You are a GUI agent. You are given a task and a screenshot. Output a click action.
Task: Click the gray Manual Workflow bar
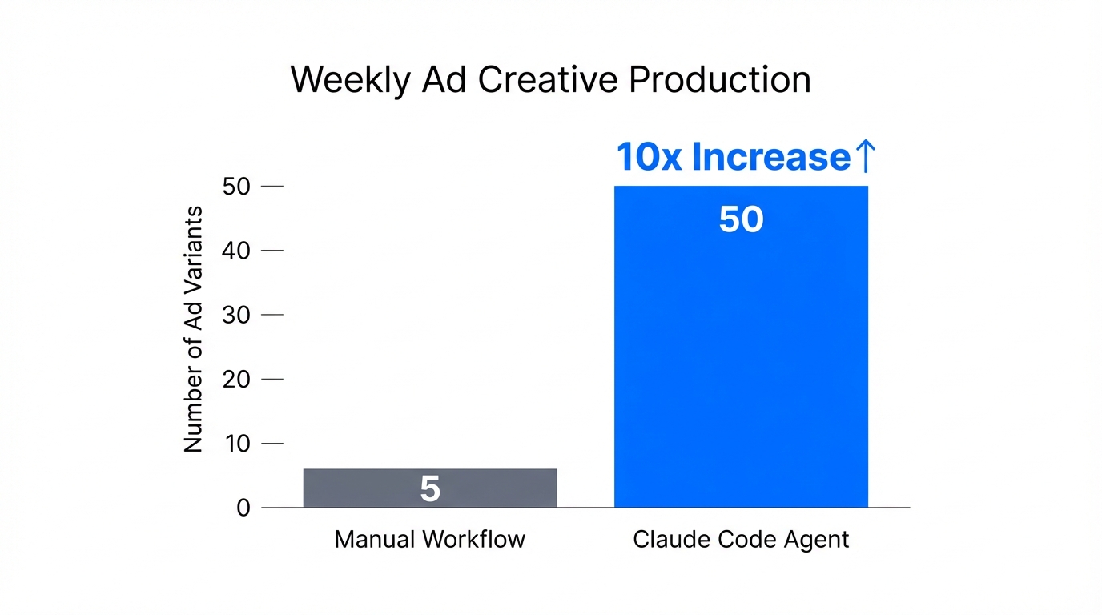430,488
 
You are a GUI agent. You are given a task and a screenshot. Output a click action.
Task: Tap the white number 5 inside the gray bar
430,488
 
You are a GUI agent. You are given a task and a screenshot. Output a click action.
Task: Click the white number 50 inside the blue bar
741,219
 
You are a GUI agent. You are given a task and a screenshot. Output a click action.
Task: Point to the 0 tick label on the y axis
243,508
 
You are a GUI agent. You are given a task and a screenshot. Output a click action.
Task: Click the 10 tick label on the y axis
238,443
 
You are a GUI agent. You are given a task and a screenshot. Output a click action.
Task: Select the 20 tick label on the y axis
238,379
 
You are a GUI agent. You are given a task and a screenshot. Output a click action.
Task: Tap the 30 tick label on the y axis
238,315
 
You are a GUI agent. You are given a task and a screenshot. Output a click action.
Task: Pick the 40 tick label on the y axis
238,251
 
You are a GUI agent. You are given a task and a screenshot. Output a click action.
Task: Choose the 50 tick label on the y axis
238,187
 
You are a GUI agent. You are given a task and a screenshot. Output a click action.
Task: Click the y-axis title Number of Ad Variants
194,329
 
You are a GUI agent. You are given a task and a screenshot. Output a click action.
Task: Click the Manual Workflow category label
430,539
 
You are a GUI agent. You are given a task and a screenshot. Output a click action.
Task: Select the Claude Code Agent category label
741,539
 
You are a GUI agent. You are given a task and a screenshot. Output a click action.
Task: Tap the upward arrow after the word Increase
867,157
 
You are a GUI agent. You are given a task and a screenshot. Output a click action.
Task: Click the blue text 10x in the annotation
649,157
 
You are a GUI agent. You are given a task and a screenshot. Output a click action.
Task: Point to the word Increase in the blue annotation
770,157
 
